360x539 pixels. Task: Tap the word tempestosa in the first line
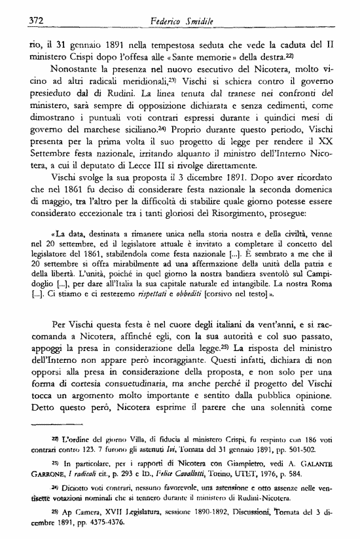tap(171, 46)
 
